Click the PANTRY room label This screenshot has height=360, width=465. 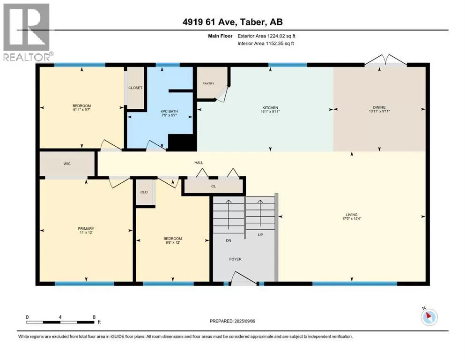[208, 84]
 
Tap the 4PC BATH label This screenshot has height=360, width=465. [169, 111]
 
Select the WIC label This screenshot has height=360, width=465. [67, 164]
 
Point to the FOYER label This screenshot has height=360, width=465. [236, 259]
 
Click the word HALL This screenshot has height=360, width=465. [199, 163]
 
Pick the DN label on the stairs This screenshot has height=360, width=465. [229, 240]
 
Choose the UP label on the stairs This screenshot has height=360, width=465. [260, 235]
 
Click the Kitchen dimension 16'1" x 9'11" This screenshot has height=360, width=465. [270, 112]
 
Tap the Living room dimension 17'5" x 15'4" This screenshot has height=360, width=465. [352, 219]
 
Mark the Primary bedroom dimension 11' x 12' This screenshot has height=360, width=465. [86, 232]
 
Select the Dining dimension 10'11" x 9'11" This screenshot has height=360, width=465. [379, 111]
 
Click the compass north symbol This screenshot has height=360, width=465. [429, 317]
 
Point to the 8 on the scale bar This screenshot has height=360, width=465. [94, 317]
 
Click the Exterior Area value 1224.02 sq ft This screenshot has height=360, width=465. [281, 36]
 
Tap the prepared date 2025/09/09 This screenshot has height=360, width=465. [245, 321]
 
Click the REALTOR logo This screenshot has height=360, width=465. [27, 32]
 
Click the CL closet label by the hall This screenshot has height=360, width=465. [214, 187]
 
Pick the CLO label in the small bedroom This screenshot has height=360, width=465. [144, 192]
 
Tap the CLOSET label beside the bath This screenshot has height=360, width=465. [135, 88]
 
